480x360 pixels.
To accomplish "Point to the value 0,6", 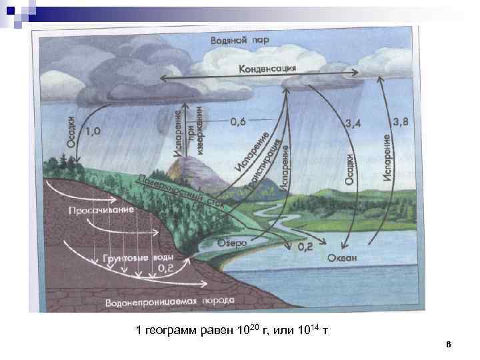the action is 238,122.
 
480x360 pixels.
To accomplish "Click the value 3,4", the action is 355,124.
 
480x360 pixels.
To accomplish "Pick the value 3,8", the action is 402,121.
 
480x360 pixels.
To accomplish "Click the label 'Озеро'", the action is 232,243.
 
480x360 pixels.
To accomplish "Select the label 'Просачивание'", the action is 101,210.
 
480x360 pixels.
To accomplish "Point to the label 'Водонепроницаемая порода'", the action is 169,301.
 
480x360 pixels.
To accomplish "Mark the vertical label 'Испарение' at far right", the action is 387,157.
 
